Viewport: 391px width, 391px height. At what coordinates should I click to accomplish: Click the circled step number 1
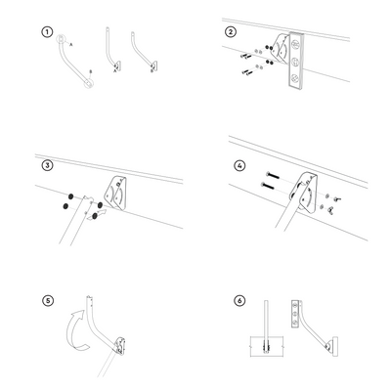pos(46,30)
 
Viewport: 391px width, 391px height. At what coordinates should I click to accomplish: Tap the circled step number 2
pos(230,30)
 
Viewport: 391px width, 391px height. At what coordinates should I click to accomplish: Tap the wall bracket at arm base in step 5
pos(121,344)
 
